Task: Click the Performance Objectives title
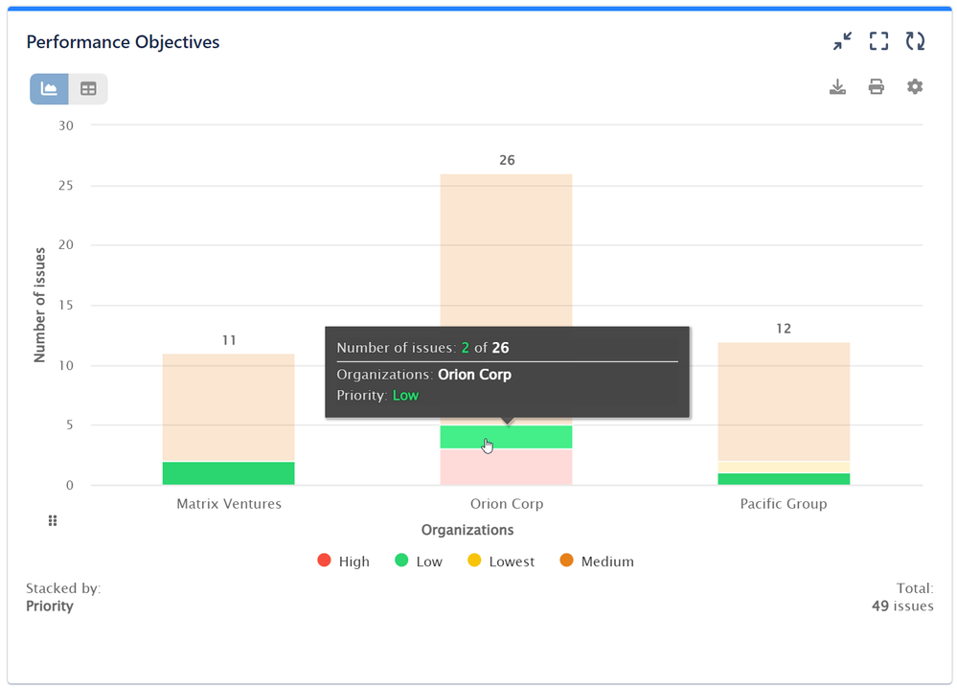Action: coord(123,42)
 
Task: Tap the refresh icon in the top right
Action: coord(915,41)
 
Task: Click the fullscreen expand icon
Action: coord(878,41)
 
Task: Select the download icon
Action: coord(837,87)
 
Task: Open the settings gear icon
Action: coord(915,87)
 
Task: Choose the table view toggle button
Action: coord(88,89)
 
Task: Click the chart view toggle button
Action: coord(50,89)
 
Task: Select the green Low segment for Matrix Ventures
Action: coord(228,473)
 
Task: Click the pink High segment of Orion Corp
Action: coord(506,468)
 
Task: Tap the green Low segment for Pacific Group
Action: coord(783,479)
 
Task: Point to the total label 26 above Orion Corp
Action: coord(507,160)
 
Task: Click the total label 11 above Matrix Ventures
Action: coord(228,340)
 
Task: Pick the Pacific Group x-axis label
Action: coord(783,504)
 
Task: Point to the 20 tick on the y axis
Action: coord(66,245)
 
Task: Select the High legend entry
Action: coord(344,562)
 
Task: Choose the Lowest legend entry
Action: coord(501,562)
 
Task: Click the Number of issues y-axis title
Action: coord(40,305)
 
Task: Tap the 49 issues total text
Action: coord(900,606)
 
